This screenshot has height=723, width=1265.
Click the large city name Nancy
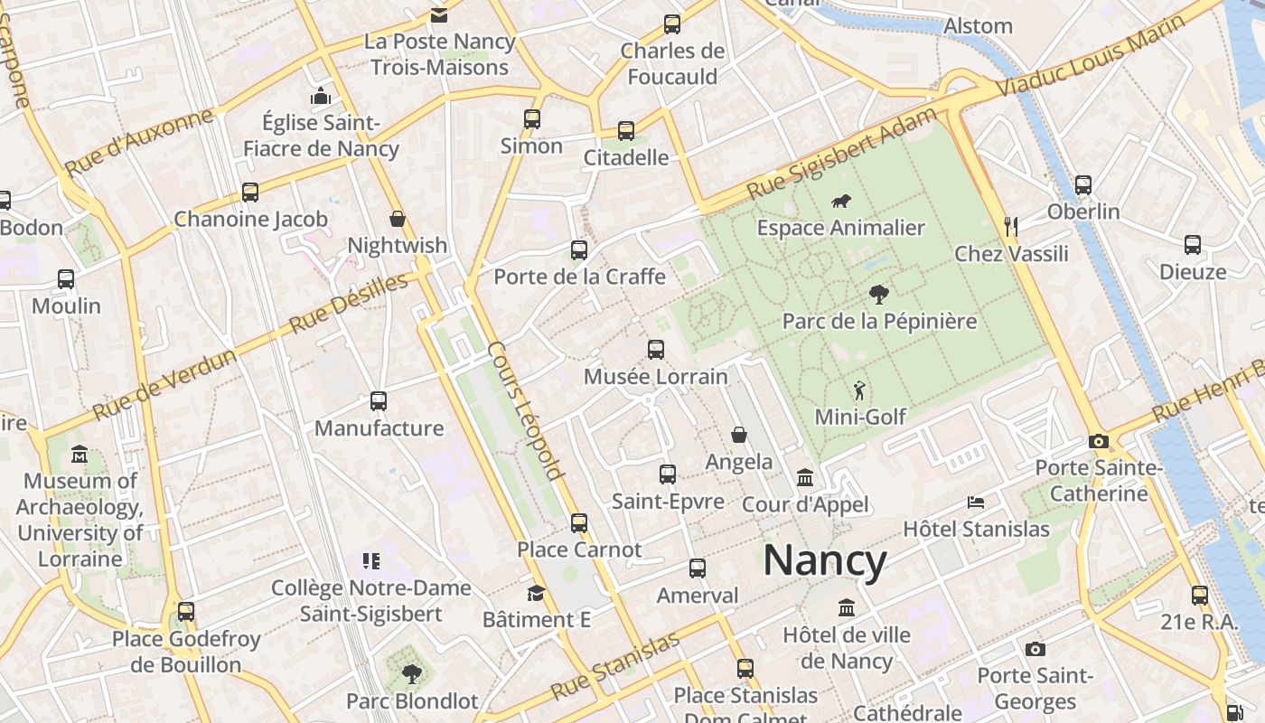pos(825,560)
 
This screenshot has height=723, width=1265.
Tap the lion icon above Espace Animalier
pos(840,202)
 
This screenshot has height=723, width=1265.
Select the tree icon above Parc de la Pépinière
pos(877,295)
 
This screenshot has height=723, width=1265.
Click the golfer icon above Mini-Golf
pos(859,390)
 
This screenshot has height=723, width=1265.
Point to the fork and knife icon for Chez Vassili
pos(1011,227)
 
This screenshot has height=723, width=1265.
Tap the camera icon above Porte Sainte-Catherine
pos(1099,441)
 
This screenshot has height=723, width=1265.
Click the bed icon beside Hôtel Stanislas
pos(975,502)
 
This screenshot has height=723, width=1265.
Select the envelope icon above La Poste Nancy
pos(439,14)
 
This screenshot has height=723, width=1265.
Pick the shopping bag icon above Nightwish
pos(397,219)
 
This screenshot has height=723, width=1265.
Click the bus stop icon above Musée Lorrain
pos(656,349)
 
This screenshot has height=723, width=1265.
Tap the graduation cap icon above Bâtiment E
pos(536,593)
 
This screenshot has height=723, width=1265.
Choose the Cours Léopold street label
pos(526,409)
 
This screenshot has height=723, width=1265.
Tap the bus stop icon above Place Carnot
pos(579,522)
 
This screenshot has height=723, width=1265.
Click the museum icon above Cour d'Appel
pos(805,477)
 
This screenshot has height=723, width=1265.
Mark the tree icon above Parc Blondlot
pos(412,673)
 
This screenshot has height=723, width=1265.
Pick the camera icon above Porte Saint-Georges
pos(1035,649)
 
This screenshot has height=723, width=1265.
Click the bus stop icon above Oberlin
pos(1083,184)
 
